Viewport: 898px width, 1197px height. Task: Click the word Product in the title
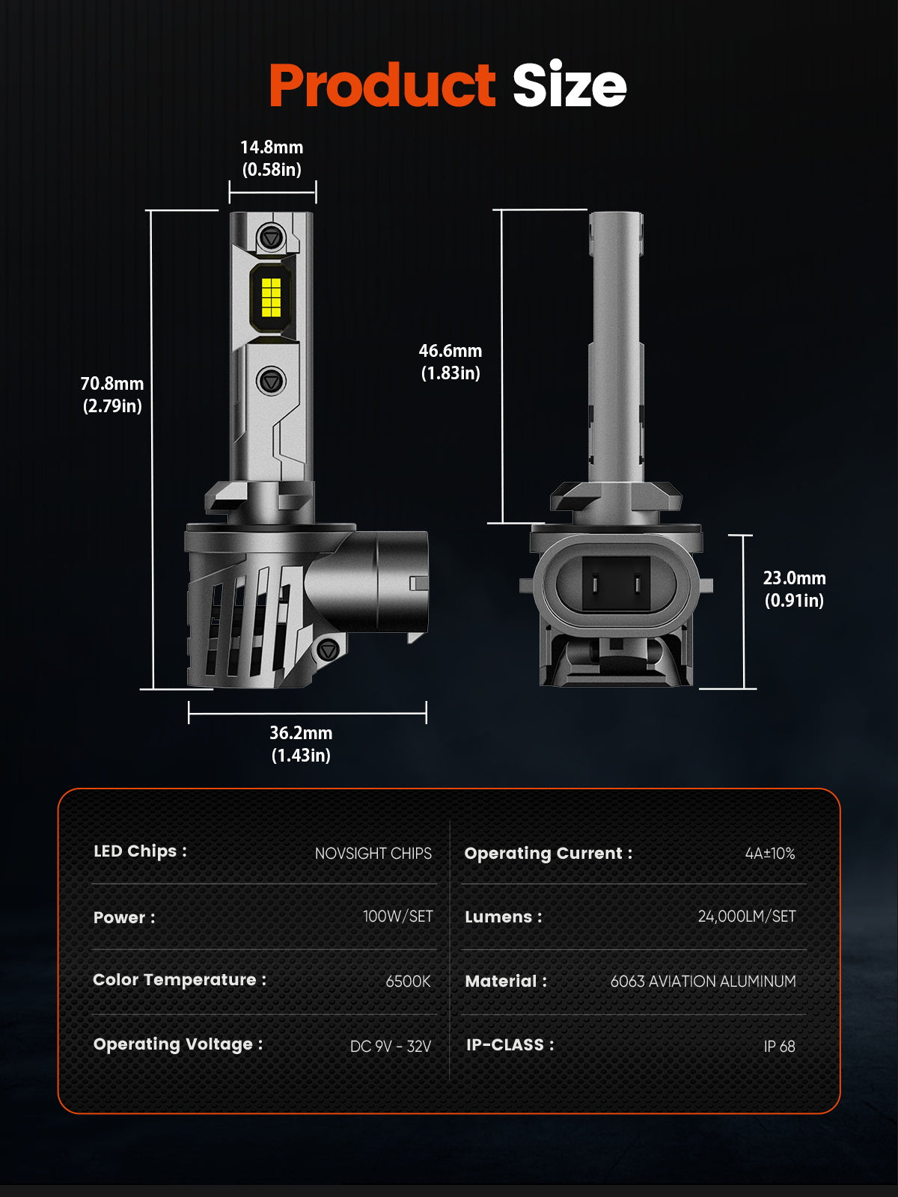(x=382, y=85)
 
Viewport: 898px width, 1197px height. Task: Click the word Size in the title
(x=569, y=85)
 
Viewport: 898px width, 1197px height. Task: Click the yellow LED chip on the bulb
(x=271, y=297)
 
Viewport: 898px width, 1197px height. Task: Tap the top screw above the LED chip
(x=271, y=238)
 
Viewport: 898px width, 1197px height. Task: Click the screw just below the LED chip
(x=271, y=381)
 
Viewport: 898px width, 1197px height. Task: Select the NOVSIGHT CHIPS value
(x=373, y=854)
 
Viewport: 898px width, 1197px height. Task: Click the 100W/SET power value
(x=397, y=916)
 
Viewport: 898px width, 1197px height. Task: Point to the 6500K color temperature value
(x=408, y=982)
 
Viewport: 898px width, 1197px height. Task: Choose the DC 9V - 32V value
(x=391, y=1046)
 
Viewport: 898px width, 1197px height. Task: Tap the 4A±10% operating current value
(x=769, y=854)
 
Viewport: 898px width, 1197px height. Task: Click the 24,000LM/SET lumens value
(x=747, y=916)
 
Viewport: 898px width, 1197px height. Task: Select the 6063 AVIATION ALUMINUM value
(x=703, y=982)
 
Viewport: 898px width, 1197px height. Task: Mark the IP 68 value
(x=779, y=1047)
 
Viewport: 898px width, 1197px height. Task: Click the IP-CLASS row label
(x=510, y=1045)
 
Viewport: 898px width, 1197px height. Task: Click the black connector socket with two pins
(x=616, y=584)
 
